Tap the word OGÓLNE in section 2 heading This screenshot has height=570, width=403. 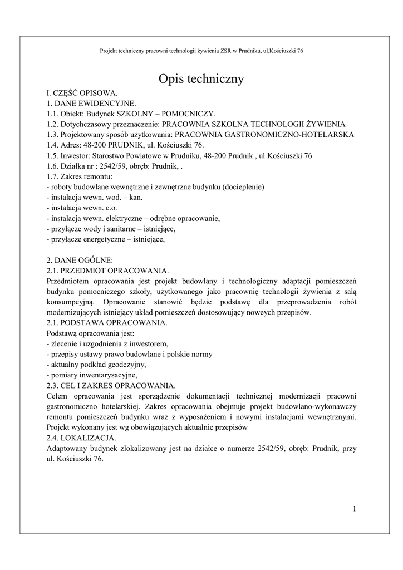95,260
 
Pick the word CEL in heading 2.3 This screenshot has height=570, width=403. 68,385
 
